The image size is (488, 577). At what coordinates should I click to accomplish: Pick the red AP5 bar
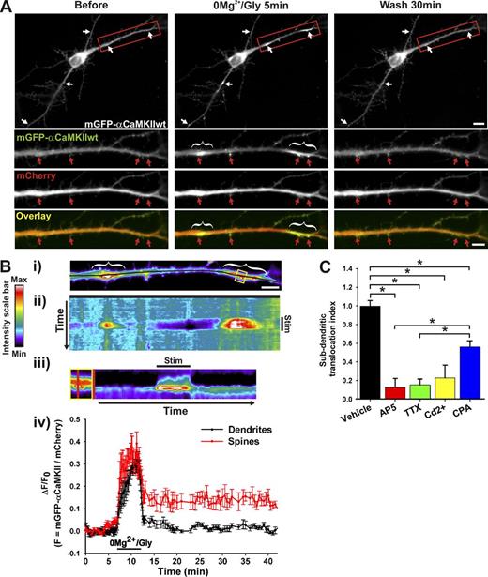(x=382, y=392)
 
